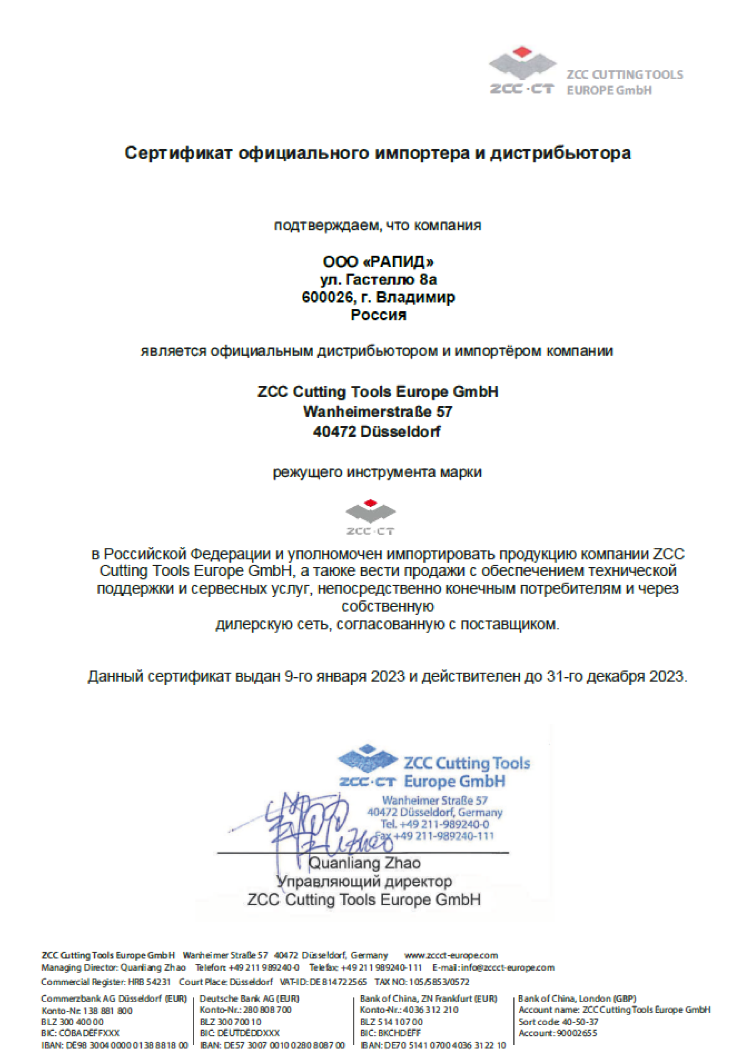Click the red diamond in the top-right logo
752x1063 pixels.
point(522,51)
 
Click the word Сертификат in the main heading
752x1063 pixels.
point(178,153)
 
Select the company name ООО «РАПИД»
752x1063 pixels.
point(378,262)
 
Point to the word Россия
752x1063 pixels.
point(378,315)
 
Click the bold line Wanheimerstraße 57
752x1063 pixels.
point(377,411)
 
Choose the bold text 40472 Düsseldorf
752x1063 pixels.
point(377,431)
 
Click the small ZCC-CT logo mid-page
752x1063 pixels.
point(371,517)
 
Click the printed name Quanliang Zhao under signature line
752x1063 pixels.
point(365,863)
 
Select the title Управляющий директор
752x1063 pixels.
point(365,881)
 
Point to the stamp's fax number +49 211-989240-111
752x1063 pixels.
point(443,836)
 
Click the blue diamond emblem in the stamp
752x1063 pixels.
point(367,758)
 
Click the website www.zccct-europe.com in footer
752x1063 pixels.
point(451,955)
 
